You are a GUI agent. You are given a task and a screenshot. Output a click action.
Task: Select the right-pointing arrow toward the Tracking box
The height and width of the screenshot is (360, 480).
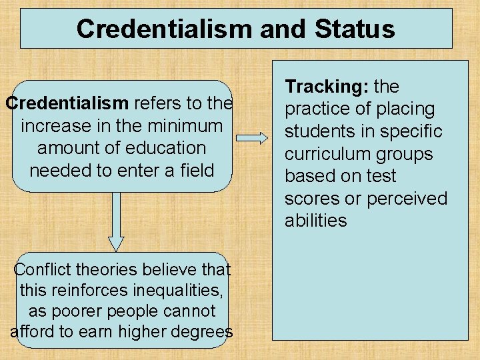tap(252, 138)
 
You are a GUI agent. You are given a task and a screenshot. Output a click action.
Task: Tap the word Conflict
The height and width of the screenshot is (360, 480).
tap(45, 270)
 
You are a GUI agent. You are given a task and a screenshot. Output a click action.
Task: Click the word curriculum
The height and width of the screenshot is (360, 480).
tap(326, 154)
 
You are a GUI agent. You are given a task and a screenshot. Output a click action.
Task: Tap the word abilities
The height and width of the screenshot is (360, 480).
tap(316, 221)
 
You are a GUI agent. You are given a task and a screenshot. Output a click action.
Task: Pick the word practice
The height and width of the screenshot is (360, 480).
tap(318, 109)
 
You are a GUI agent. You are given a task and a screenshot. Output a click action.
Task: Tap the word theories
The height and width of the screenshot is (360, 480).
tap(115, 270)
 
